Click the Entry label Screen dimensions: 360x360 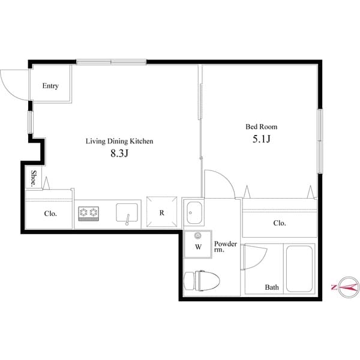pyautogui.click(x=50, y=86)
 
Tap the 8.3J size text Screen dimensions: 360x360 pyautogui.click(x=119, y=154)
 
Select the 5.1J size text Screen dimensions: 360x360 pyautogui.click(x=261, y=139)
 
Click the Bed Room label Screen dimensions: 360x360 pyautogui.click(x=261, y=127)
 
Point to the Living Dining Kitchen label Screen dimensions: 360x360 pyautogui.click(x=119, y=142)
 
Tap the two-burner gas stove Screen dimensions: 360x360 pyautogui.click(x=88, y=212)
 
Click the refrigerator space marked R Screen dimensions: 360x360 pyautogui.click(x=162, y=212)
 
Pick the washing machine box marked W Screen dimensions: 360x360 pyautogui.click(x=197, y=245)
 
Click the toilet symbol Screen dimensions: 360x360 pyautogui.click(x=203, y=280)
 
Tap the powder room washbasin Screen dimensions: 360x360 pyautogui.click(x=194, y=212)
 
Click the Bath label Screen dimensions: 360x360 pyautogui.click(x=272, y=287)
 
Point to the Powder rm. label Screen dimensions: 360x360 pyautogui.click(x=226, y=247)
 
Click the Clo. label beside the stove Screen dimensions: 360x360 pyautogui.click(x=50, y=214)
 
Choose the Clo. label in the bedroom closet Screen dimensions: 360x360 pyautogui.click(x=279, y=223)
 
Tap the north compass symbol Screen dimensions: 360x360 pyautogui.click(x=346, y=287)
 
